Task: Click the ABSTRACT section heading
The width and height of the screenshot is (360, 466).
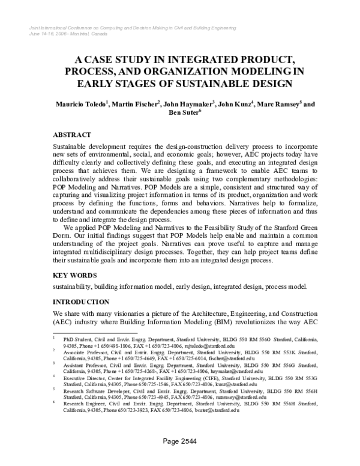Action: (72, 135)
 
